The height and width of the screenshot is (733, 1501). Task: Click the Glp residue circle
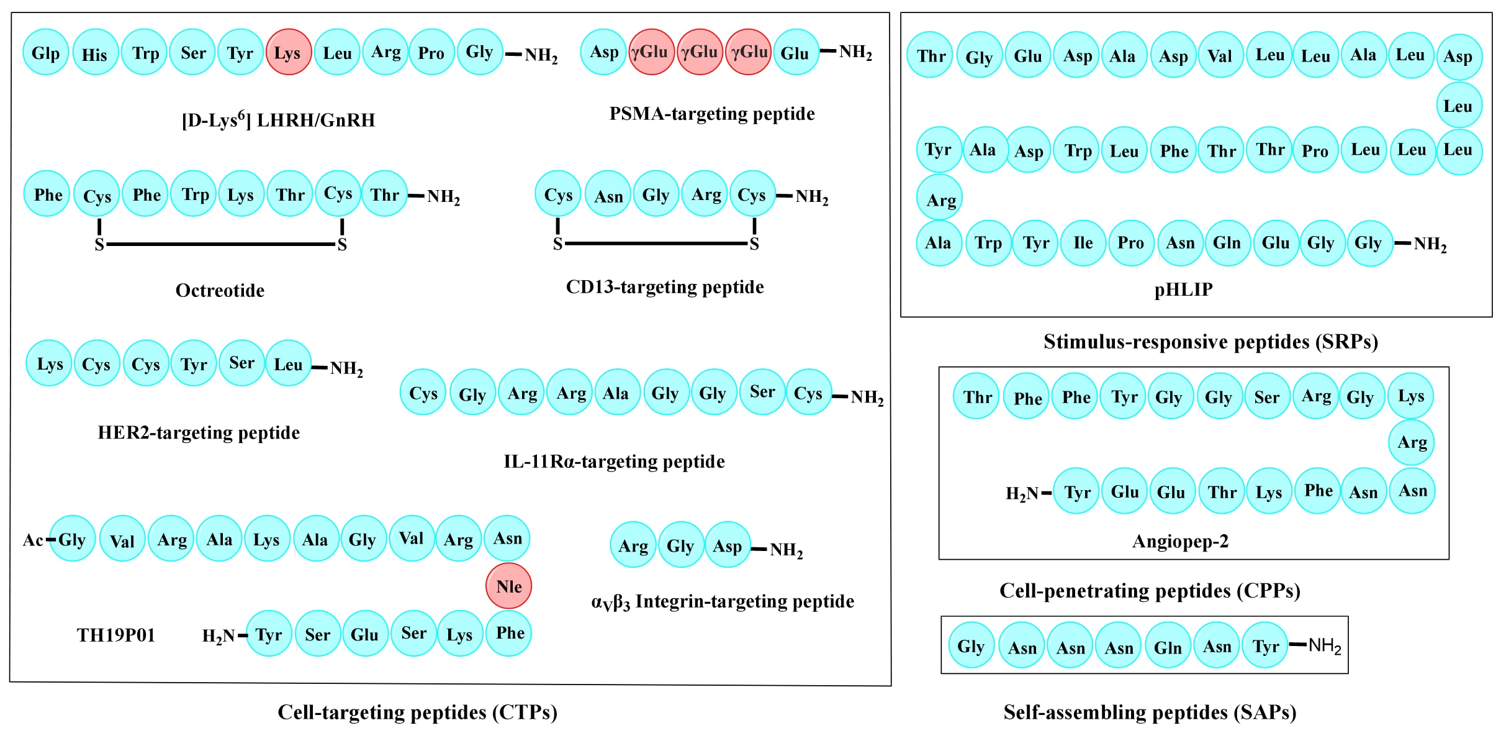coord(45,53)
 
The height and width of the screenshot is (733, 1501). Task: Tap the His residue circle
coord(94,54)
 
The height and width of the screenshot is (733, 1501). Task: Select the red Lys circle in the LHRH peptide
coord(288,53)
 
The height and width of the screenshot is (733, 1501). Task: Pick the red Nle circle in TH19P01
coord(508,586)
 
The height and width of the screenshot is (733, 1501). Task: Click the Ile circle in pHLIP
coord(1083,243)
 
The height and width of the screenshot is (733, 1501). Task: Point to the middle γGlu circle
coord(699,52)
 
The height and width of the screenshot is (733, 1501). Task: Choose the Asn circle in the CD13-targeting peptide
coord(608,196)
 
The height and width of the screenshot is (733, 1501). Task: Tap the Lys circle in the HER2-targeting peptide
coord(50,363)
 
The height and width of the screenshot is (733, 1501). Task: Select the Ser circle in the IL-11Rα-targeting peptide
coord(762,392)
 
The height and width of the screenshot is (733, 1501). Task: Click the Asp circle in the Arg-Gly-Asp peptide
coord(727,546)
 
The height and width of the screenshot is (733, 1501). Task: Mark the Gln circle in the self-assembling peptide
coord(1167,647)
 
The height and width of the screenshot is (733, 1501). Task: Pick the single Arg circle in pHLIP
coord(940,199)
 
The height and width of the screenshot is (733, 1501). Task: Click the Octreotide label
coord(220,290)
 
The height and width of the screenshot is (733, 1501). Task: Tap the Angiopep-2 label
coord(1180,541)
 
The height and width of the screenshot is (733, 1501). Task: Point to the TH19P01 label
coord(115,635)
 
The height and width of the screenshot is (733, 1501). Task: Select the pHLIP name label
coord(1183,289)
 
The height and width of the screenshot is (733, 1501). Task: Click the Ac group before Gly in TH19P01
coord(32,540)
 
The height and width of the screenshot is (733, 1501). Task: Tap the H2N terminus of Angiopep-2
coord(1022,493)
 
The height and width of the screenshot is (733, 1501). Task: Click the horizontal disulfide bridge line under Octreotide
coord(220,244)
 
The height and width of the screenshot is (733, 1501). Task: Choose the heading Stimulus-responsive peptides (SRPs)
coord(1210,342)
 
